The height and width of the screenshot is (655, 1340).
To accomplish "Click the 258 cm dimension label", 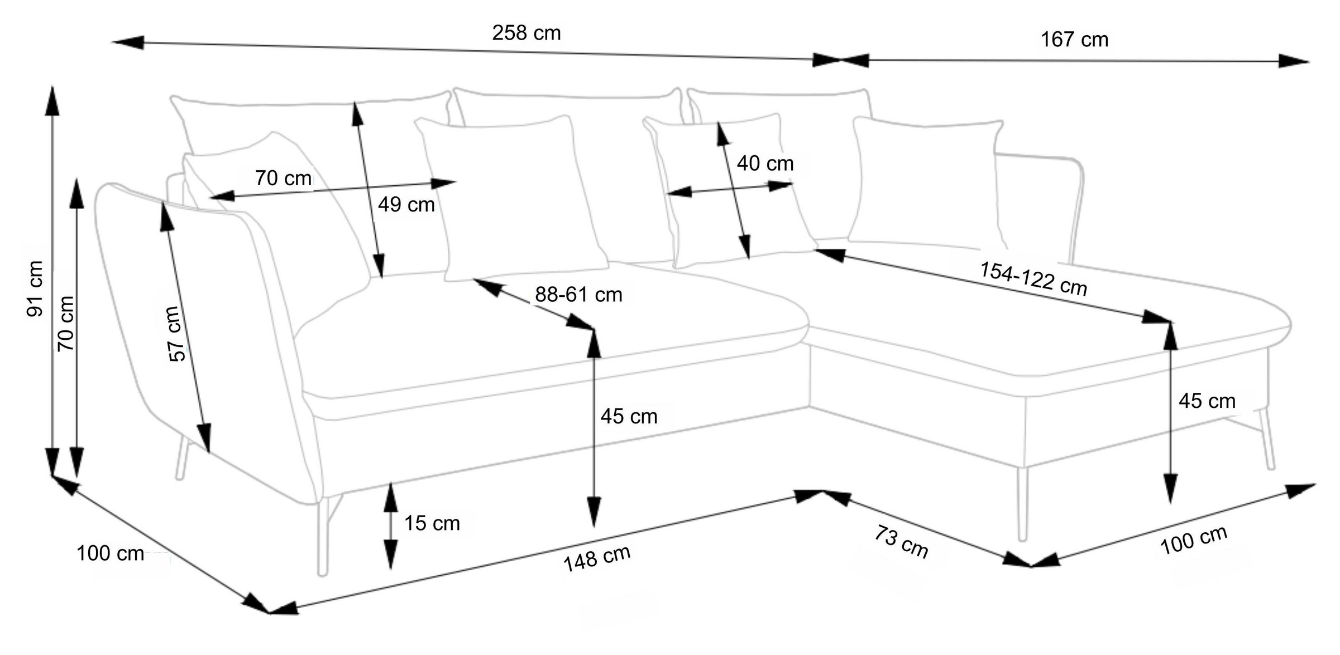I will (526, 33).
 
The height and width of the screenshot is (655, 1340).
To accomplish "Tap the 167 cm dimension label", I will (1074, 40).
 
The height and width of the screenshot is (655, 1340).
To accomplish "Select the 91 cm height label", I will (35, 288).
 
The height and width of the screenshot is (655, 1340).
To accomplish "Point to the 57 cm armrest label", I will (176, 334).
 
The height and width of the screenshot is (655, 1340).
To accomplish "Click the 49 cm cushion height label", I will (406, 205).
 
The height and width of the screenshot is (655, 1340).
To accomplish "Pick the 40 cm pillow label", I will (765, 163).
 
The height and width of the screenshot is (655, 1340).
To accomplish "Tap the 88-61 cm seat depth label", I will (578, 295).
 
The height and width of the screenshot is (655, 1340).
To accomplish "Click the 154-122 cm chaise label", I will (1033, 279).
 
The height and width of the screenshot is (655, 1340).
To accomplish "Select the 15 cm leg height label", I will (432, 523).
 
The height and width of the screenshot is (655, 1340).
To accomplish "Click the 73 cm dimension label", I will (901, 541).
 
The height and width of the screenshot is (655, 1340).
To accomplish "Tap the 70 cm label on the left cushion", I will (283, 179).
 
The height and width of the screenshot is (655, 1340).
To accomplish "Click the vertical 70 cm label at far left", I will (66, 324).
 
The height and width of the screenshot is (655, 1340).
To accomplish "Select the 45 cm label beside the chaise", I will (1207, 401).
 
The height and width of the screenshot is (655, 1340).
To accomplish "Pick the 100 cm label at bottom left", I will (110, 553).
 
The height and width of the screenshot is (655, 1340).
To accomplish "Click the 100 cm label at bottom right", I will (1194, 540).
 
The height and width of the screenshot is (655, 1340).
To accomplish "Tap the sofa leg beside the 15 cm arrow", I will (323, 536).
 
